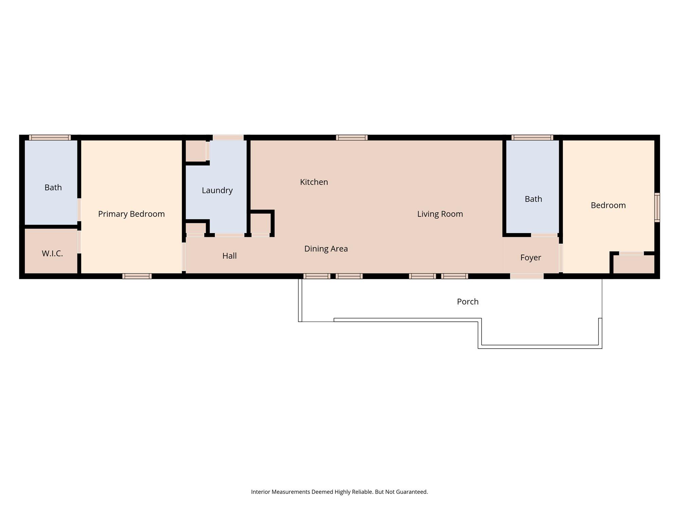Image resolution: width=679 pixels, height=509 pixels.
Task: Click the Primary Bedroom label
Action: coord(131,214)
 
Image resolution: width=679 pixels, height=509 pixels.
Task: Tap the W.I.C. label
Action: coord(52,253)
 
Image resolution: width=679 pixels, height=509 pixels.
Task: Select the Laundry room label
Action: coord(217,190)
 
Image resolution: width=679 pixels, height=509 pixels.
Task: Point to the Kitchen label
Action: coord(314,182)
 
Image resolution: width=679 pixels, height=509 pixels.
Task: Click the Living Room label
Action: coord(440,214)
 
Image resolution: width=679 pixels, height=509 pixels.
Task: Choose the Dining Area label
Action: coord(326,249)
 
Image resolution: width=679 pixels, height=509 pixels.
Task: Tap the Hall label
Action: coord(230,256)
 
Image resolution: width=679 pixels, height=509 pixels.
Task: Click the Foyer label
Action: coord(531,258)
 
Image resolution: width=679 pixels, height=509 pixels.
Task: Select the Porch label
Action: coord(467,302)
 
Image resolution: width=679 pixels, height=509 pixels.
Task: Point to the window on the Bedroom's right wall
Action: coord(657,207)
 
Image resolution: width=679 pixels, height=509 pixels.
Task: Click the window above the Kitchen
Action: coord(352,137)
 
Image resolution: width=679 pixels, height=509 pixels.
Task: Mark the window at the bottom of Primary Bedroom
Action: coord(137,276)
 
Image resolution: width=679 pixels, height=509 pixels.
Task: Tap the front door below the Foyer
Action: coord(527,276)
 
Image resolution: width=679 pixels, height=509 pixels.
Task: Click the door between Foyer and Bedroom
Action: coord(561,258)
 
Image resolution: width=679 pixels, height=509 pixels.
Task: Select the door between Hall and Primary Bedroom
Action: coord(184,257)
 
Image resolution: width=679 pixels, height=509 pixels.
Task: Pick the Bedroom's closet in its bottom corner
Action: coord(634,264)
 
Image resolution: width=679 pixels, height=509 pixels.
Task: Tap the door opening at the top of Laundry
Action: coord(228,137)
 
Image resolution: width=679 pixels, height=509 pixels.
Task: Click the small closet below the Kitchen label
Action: coord(261,223)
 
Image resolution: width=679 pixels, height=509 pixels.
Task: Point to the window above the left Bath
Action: coord(50,137)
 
